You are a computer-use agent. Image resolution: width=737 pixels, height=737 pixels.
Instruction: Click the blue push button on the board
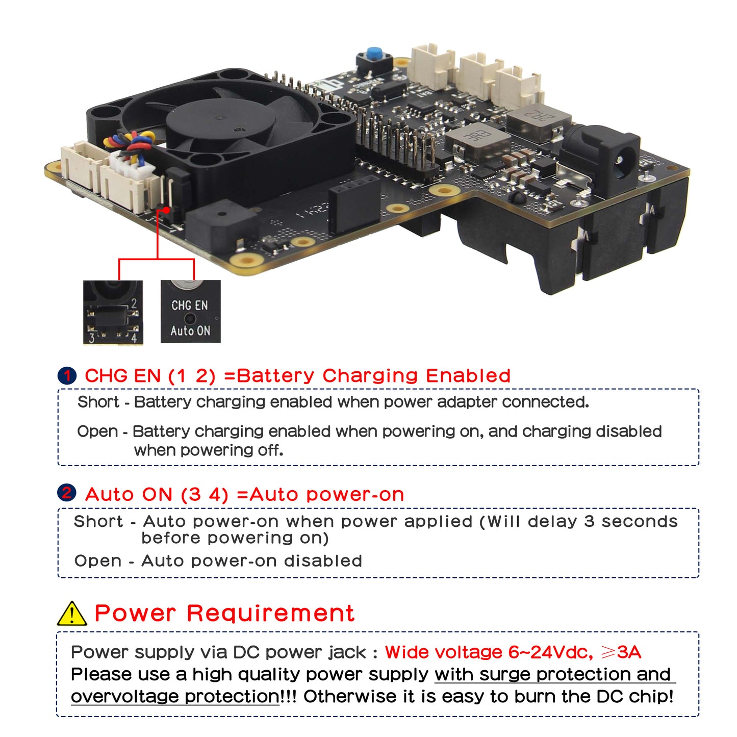tap(375, 53)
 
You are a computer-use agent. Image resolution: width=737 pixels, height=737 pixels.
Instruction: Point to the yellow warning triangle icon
tap(72, 614)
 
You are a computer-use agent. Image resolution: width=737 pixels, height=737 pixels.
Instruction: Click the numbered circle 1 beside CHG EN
tap(67, 376)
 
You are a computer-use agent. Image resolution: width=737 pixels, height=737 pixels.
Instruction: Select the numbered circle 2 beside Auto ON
tap(67, 493)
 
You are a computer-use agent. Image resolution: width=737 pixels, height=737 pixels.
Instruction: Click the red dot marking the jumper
tap(166, 210)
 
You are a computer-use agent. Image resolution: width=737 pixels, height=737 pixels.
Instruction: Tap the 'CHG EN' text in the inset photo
tap(190, 306)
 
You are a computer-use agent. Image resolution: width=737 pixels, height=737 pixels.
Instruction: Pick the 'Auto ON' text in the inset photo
tap(190, 331)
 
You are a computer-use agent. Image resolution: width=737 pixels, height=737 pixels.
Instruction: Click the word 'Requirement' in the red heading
tap(270, 613)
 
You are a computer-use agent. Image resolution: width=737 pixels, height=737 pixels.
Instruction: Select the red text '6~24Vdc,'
tap(550, 652)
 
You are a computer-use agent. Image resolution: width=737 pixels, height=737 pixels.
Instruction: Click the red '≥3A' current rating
tap(621, 652)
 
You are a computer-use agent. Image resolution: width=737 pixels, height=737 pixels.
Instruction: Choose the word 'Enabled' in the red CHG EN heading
tap(468, 376)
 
